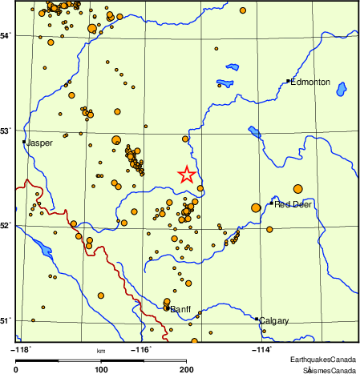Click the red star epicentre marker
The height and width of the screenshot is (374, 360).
pos(186,175)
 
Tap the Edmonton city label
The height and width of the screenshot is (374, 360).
pos(310,82)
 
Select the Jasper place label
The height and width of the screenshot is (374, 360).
pos(39,143)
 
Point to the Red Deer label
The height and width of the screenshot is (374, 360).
pos(293,204)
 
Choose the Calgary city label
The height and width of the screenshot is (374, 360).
pos(273,321)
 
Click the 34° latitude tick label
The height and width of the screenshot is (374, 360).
pos(6,36)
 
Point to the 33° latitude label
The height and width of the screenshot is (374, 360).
pos(6,131)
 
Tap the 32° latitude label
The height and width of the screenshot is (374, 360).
pos(6,226)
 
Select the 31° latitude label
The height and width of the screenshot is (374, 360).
pos(6,321)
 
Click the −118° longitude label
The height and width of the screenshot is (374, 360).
pos(19,349)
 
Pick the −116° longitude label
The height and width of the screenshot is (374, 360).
pos(141,349)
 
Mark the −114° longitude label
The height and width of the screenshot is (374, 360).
pos(262,349)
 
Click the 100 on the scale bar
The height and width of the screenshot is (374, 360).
pos(102,369)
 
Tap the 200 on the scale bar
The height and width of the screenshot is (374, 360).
pos(186,369)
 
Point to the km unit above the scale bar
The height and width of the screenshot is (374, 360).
pos(101,351)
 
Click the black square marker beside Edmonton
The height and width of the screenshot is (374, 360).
pos(288,81)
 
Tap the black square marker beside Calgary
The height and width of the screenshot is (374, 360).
pos(257,319)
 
